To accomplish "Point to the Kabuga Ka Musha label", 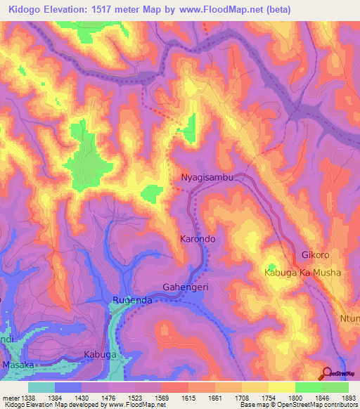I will (302, 273).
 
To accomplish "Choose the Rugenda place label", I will (133, 301).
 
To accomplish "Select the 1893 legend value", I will (348, 397).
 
